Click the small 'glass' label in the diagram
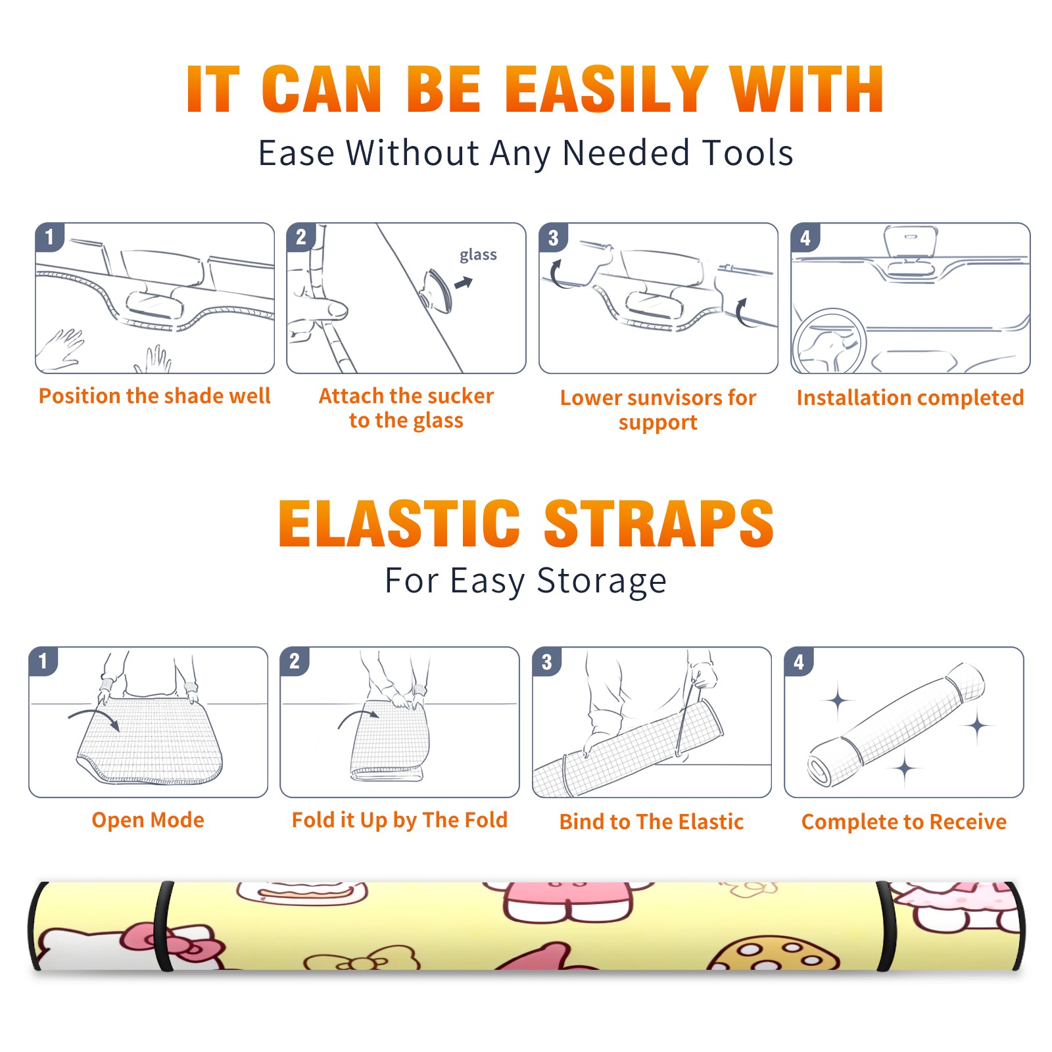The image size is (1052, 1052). click(x=478, y=255)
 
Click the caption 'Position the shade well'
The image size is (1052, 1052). click(x=155, y=396)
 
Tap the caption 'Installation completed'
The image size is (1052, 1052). click(x=910, y=397)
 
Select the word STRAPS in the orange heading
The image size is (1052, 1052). click(x=659, y=523)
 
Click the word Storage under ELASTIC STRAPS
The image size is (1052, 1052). click(x=602, y=581)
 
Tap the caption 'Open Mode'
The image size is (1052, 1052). click(x=148, y=820)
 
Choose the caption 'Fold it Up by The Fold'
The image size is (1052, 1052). click(x=400, y=821)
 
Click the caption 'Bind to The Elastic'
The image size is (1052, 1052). click(x=652, y=822)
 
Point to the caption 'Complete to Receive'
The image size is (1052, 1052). click(x=904, y=822)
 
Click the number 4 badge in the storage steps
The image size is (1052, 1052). click(x=799, y=661)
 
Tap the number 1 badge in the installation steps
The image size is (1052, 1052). click(x=49, y=237)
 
